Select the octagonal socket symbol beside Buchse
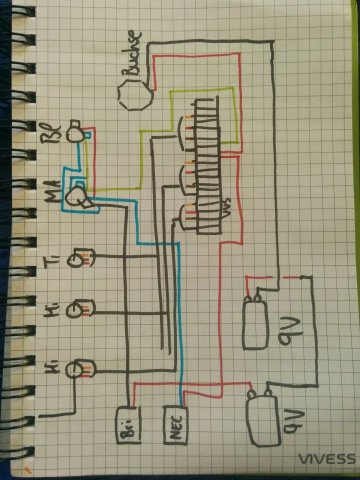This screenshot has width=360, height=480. pos(135,95)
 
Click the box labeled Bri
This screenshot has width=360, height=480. pos(128,425)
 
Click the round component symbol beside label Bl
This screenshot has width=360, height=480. pos(76,132)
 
